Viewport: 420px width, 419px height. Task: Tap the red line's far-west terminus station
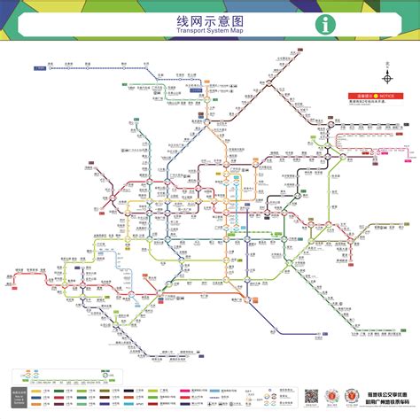(17, 276)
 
